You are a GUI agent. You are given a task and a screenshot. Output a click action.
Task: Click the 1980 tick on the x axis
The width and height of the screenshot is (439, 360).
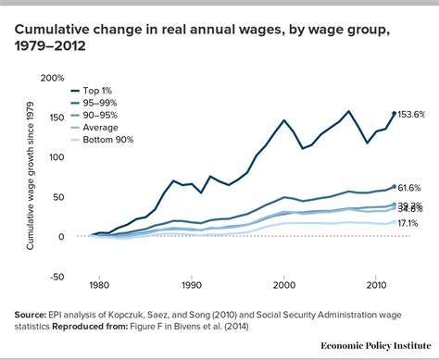coord(101,286)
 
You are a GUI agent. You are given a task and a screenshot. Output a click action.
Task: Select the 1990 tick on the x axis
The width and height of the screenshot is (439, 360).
coord(192,286)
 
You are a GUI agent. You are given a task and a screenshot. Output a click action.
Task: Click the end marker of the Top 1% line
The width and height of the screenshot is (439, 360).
coord(394,115)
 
